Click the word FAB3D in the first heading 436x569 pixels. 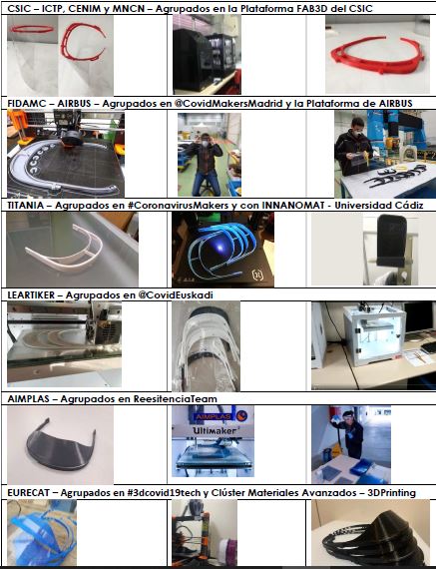click(x=310, y=8)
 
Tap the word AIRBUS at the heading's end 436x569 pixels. click(x=395, y=104)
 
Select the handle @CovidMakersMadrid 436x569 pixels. click(x=228, y=104)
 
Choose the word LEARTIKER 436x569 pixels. click(x=31, y=295)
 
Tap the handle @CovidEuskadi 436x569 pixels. click(x=176, y=295)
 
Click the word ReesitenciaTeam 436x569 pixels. click(x=176, y=399)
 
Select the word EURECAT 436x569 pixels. click(x=28, y=493)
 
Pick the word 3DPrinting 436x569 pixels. click(x=391, y=493)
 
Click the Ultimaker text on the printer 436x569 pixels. click(x=215, y=430)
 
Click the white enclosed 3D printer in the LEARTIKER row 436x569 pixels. click(x=373, y=333)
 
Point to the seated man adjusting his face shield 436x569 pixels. click(x=207, y=164)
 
